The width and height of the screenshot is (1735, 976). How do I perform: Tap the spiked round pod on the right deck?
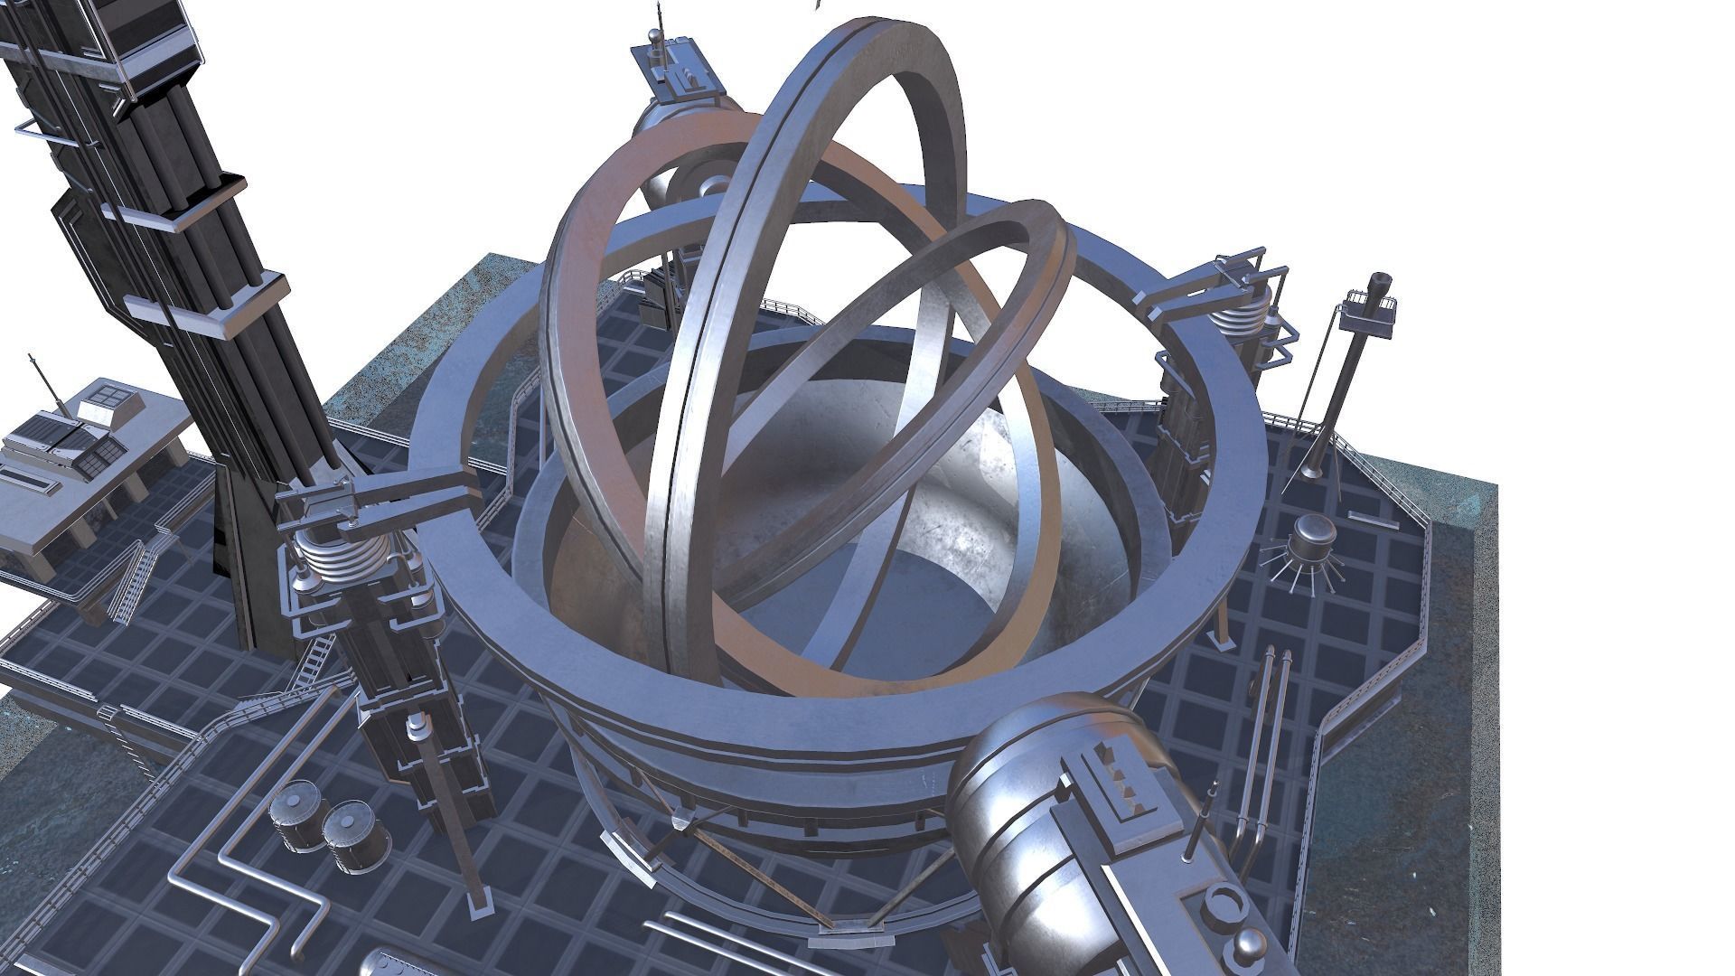[1309, 548]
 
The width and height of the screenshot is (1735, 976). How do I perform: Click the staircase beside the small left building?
[131, 578]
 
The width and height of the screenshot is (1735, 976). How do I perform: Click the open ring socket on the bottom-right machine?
[1224, 903]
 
